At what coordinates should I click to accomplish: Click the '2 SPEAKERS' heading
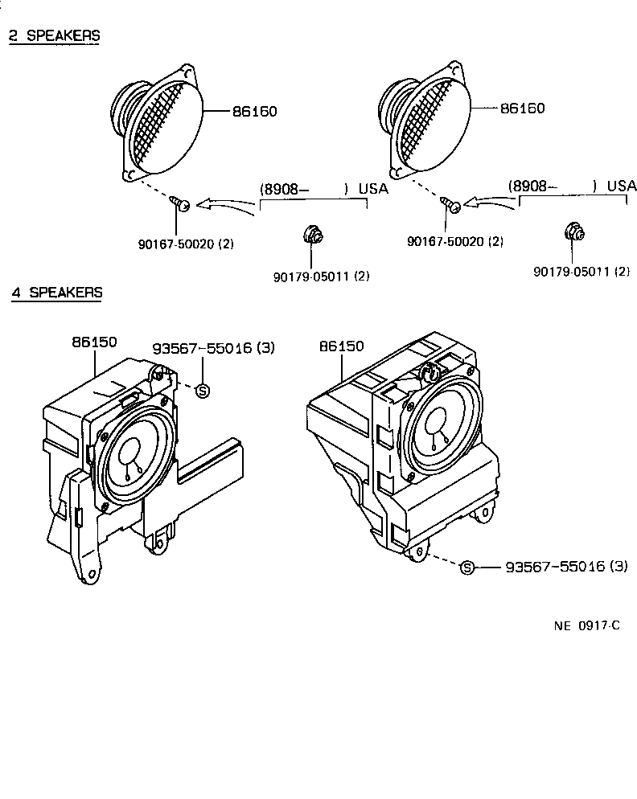(x=54, y=35)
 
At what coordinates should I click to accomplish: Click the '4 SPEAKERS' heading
(x=56, y=292)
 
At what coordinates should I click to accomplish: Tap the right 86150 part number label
(x=342, y=346)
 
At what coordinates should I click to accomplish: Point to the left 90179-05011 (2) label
(x=321, y=276)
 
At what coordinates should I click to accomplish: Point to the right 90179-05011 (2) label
(x=582, y=272)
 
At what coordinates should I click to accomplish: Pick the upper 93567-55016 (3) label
(x=214, y=348)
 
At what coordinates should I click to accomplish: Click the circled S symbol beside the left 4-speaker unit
(x=203, y=391)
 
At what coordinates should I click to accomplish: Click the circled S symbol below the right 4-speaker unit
(x=466, y=568)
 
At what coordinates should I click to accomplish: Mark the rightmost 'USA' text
(x=622, y=186)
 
